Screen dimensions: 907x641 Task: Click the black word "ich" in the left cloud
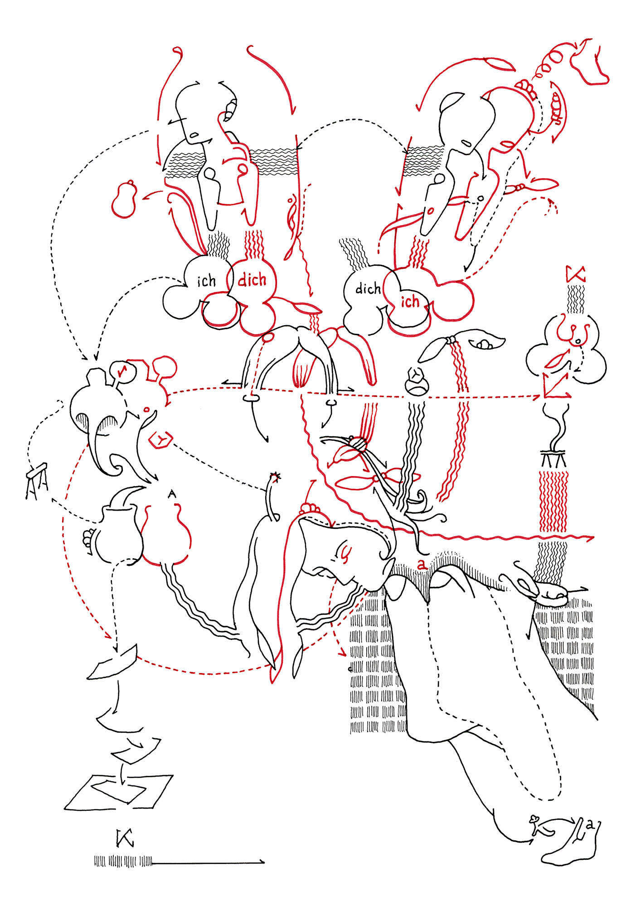206,281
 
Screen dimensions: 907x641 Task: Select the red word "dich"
252,280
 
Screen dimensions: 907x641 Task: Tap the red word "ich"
410,301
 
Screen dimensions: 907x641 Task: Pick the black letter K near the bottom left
125,839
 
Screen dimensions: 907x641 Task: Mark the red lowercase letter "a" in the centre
422,565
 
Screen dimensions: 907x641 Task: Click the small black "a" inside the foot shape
589,825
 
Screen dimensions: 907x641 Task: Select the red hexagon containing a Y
160,439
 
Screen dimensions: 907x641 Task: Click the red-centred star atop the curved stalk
274,477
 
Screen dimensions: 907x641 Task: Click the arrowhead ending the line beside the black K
262,861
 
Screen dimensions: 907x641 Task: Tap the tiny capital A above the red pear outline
171,494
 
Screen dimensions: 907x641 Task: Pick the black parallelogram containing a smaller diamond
119,792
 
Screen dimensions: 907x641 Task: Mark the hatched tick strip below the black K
123,861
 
